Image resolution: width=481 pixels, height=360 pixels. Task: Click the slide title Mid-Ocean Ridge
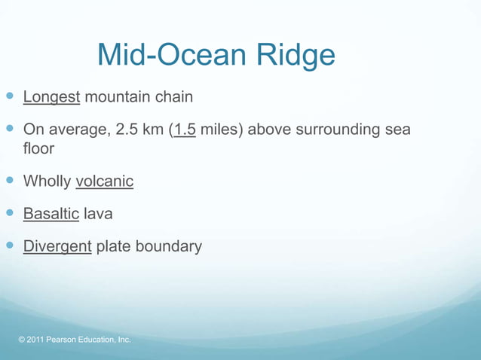point(216,56)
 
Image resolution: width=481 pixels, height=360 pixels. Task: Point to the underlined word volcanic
point(104,182)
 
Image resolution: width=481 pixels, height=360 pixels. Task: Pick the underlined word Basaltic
point(51,214)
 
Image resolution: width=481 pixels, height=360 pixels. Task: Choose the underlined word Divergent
point(57,247)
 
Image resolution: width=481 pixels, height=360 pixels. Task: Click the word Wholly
point(47,182)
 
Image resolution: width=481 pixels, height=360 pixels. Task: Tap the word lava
point(98,214)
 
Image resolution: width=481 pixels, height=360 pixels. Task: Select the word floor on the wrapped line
point(38,148)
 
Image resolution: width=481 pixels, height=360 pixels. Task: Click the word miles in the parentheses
point(219,130)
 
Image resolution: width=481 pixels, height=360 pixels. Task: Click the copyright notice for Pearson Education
point(75,340)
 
